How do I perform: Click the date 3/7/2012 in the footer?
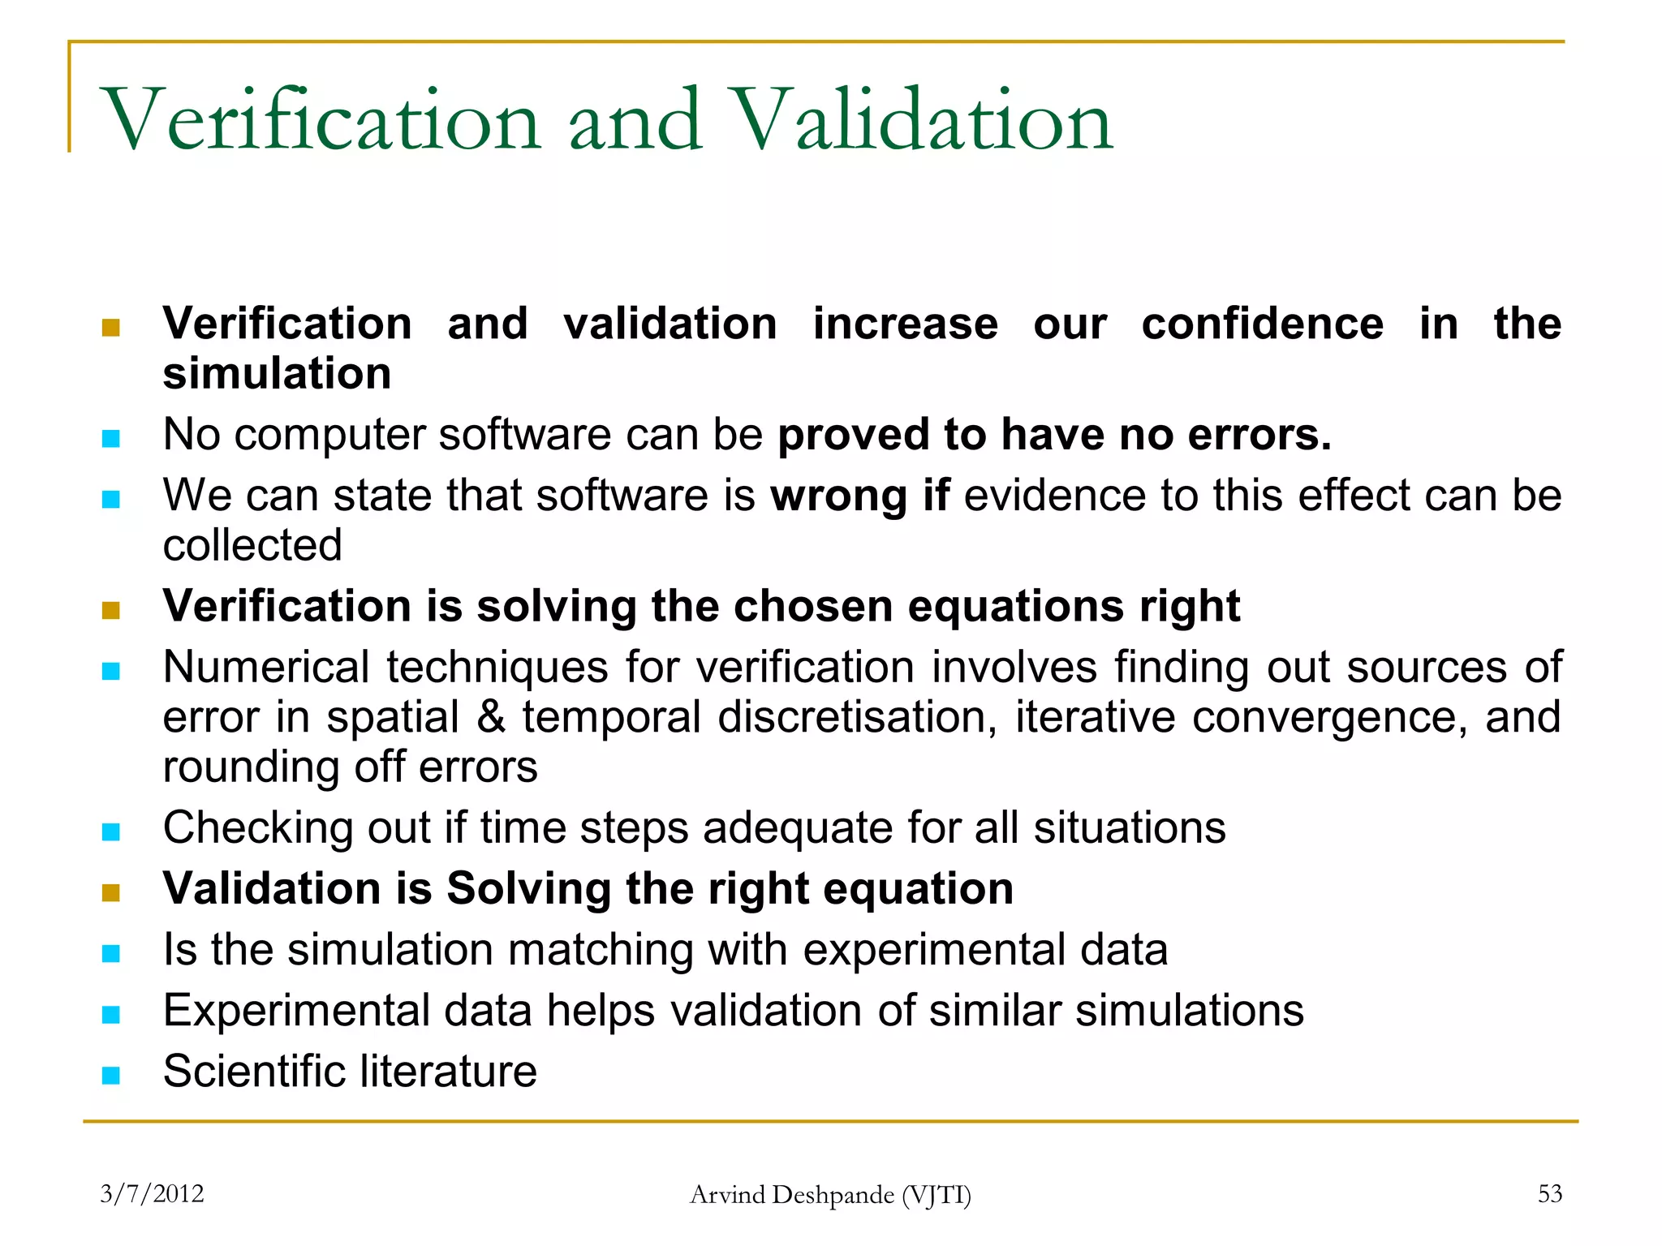tap(152, 1193)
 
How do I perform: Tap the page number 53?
tap(1549, 1193)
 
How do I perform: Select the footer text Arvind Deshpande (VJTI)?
tap(830, 1195)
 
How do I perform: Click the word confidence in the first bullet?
tap(1262, 324)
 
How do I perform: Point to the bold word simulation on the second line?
tap(277, 374)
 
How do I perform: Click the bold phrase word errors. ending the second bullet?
tap(1259, 435)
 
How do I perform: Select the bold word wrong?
tap(838, 496)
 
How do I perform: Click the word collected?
tap(252, 545)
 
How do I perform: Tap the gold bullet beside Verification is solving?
tap(111, 610)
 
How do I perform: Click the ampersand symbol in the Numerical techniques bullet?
tap(491, 717)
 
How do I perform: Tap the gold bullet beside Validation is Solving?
tap(111, 893)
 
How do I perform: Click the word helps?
tap(601, 1011)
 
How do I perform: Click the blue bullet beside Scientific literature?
tap(111, 1076)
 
